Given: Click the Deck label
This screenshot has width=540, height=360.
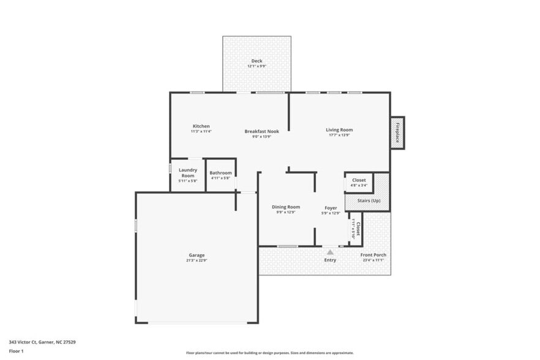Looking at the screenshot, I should (x=256, y=61).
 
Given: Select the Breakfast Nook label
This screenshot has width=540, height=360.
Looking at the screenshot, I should (x=261, y=131).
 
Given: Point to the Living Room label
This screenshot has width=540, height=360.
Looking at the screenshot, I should (x=339, y=130).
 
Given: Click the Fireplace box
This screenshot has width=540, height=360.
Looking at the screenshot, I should (x=397, y=132).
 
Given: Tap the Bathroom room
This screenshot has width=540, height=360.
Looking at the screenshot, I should (x=220, y=175).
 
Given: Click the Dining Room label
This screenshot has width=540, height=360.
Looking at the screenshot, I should (x=286, y=207).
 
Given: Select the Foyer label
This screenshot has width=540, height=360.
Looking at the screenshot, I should (x=331, y=208).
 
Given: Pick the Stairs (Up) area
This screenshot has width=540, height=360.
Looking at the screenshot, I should (x=367, y=201).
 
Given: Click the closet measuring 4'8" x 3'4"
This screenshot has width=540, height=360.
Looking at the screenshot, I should (x=359, y=182).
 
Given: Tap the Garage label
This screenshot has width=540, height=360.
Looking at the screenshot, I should (x=197, y=255).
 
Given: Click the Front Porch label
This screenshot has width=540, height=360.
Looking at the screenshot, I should (x=373, y=255).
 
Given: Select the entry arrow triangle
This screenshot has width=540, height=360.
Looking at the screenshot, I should (x=330, y=252).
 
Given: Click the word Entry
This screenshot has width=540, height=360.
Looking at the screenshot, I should (x=330, y=260).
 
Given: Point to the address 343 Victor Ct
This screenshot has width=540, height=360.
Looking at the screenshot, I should (x=42, y=342).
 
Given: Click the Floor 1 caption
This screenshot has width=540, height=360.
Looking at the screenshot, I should (x=16, y=351).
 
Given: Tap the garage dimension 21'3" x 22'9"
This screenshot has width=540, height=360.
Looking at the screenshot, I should (x=197, y=260).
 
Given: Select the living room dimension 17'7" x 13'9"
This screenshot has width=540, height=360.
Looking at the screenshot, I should (x=339, y=135).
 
